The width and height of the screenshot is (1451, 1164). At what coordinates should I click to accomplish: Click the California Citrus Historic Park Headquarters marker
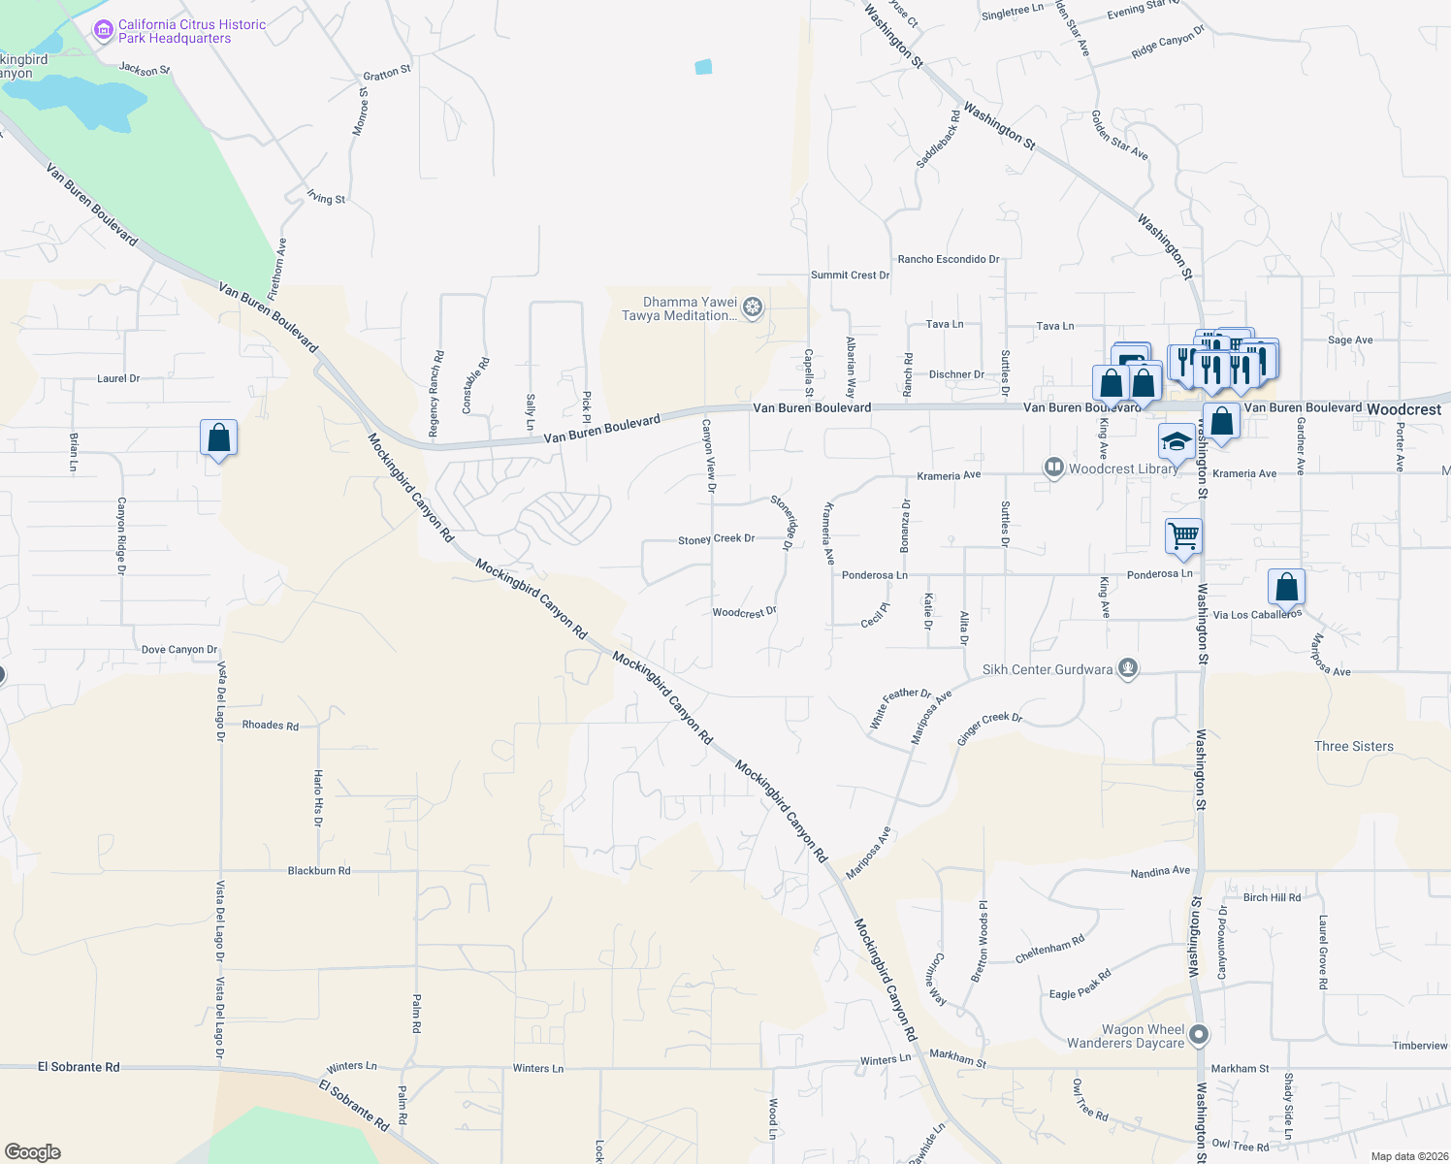pyautogui.click(x=103, y=31)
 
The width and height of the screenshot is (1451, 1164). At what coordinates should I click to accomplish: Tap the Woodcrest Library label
pyautogui.click(x=1122, y=469)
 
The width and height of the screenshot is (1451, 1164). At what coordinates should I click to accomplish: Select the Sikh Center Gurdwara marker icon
pyautogui.click(x=1127, y=668)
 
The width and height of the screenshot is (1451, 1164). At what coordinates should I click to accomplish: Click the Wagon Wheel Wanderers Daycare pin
pyautogui.click(x=1200, y=1035)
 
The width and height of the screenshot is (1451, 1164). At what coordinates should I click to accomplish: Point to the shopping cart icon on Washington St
pyautogui.click(x=1183, y=535)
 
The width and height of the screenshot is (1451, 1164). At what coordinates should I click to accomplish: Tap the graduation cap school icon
pyautogui.click(x=1177, y=441)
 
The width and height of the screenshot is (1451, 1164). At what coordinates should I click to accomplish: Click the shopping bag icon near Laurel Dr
pyautogui.click(x=219, y=437)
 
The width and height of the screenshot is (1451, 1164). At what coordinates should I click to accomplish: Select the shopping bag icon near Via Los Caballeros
pyautogui.click(x=1286, y=587)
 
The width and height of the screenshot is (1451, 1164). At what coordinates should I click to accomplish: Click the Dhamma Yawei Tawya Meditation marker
pyautogui.click(x=753, y=308)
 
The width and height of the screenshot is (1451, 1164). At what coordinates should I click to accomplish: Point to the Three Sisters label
pyautogui.click(x=1353, y=746)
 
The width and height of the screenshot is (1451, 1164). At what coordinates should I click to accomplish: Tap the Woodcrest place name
pyautogui.click(x=1403, y=409)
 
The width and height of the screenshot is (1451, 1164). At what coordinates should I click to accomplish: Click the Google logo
pyautogui.click(x=33, y=1152)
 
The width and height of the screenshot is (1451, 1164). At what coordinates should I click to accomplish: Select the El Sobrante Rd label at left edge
pyautogui.click(x=79, y=1067)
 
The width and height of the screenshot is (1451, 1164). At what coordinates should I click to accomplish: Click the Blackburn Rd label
pyautogui.click(x=319, y=871)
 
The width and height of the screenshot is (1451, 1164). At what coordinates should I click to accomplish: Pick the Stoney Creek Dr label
pyautogui.click(x=716, y=539)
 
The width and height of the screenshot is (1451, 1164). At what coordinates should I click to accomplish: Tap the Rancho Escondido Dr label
pyautogui.click(x=948, y=260)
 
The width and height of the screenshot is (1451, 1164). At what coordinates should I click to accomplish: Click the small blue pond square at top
pyautogui.click(x=703, y=67)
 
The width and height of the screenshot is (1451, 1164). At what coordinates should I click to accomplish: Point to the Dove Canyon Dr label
pyautogui.click(x=179, y=650)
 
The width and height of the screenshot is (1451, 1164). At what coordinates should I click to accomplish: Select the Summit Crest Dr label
pyautogui.click(x=850, y=275)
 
